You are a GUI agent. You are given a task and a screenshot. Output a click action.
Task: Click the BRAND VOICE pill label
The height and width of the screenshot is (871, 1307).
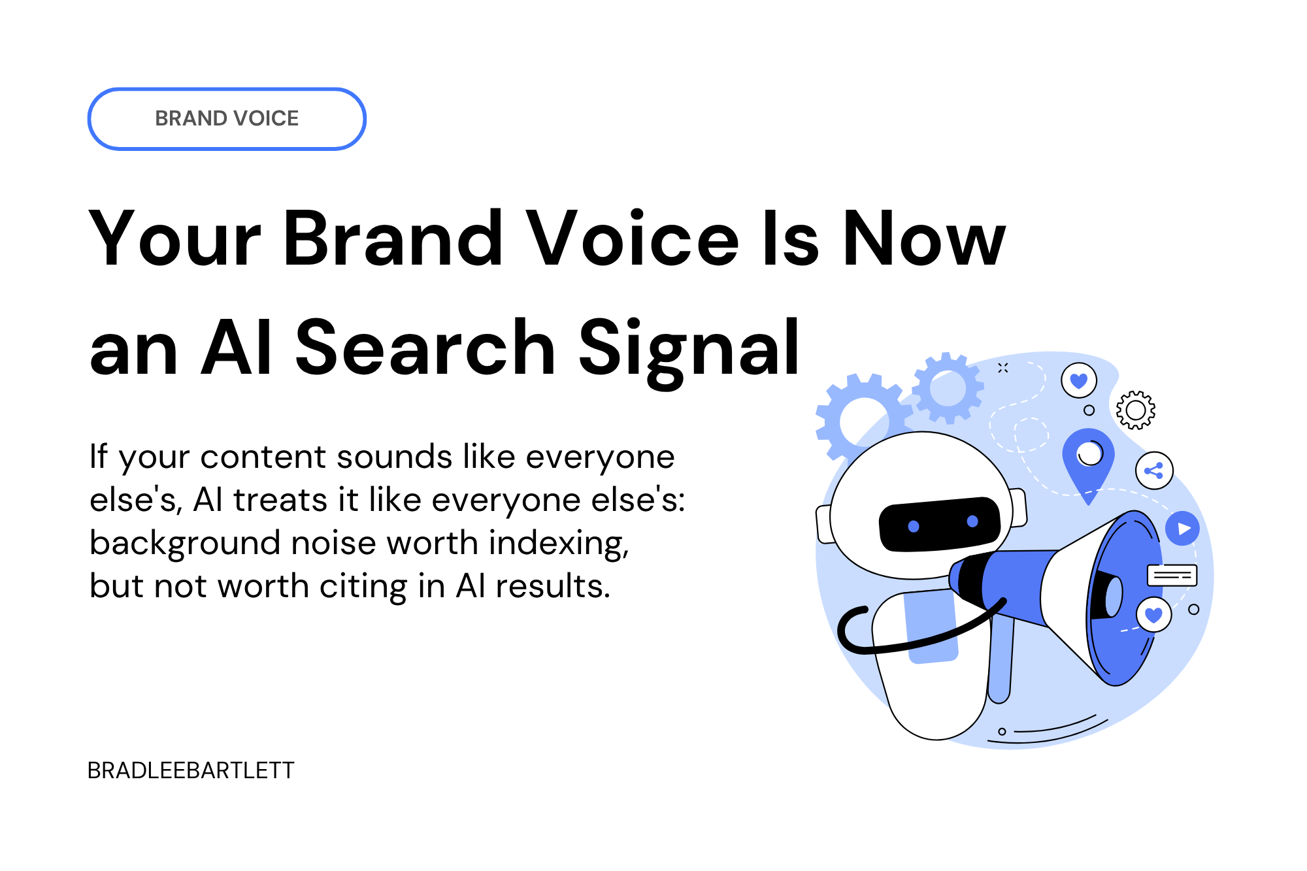coord(227,118)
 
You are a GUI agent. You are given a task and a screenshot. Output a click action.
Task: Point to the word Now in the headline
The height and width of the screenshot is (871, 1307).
coord(924,239)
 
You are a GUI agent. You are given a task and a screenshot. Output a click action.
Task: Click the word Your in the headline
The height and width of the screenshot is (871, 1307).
coord(174,239)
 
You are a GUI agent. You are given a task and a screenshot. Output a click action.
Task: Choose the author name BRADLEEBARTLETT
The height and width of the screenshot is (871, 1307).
coord(191,770)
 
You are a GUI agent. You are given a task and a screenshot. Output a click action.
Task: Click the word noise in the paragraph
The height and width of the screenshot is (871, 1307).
coord(337,543)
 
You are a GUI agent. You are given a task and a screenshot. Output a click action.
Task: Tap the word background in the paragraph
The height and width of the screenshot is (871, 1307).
coord(185,543)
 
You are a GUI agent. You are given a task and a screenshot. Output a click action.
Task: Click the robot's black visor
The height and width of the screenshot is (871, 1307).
coord(940,525)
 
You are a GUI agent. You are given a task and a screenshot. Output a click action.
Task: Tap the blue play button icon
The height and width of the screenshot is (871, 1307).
coord(1183,529)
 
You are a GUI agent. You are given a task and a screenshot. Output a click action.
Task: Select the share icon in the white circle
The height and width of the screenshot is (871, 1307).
coord(1154,470)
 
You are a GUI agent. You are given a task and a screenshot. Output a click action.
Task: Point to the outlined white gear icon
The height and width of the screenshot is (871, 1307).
coord(1136,410)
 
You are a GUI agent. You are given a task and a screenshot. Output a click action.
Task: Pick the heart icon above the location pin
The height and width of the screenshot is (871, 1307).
coord(1079,380)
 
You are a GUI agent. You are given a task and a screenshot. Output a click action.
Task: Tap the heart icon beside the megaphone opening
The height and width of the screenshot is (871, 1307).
coord(1154,615)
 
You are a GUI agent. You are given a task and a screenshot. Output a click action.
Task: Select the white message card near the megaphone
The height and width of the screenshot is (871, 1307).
coord(1172,576)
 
